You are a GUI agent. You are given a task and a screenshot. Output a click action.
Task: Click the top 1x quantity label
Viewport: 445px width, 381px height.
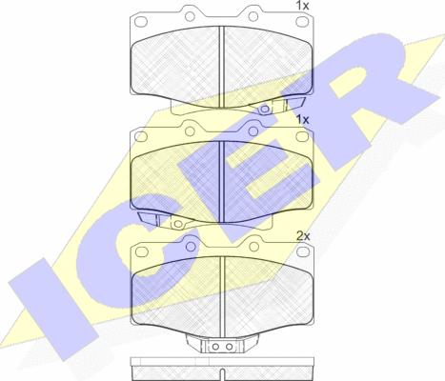(x=302, y=6)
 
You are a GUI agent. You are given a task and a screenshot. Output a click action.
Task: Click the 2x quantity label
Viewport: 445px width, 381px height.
(x=303, y=236)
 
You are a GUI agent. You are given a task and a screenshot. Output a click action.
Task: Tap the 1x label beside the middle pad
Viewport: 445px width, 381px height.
(x=302, y=120)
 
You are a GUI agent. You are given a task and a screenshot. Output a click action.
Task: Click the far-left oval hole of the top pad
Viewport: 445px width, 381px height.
(x=140, y=21)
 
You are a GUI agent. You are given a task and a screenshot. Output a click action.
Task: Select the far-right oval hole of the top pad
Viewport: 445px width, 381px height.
(x=302, y=21)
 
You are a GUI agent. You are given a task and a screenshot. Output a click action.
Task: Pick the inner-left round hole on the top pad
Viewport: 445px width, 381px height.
(x=190, y=16)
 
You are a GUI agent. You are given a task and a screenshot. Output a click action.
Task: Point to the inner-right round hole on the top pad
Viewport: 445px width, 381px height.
(x=253, y=16)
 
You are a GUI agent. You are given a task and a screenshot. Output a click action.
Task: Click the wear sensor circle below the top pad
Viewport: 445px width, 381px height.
(x=264, y=110)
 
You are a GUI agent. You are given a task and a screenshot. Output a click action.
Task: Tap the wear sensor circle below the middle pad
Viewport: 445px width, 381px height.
(x=177, y=225)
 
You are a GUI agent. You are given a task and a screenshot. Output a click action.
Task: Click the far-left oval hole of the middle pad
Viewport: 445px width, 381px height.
(x=140, y=136)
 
